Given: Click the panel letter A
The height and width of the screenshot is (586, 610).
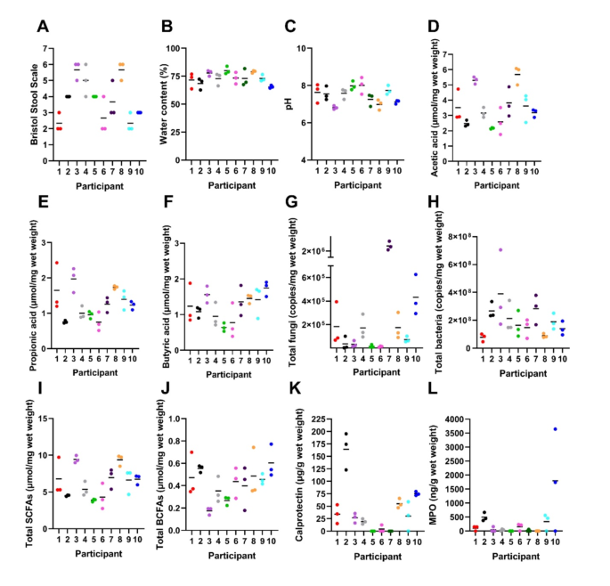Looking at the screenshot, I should (42, 27).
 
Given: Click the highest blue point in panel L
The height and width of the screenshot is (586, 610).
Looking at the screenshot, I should (581, 429).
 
